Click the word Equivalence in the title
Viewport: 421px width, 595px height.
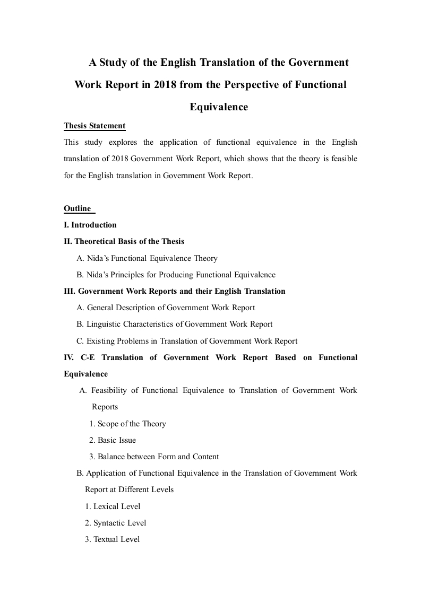coord(219,107)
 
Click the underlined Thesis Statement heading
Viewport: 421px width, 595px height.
coord(94,126)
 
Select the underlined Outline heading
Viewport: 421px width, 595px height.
coord(78,208)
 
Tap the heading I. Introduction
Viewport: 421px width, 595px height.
coord(90,225)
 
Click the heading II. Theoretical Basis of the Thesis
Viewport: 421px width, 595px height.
coord(124,241)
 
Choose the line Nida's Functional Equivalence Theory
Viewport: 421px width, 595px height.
coord(147,258)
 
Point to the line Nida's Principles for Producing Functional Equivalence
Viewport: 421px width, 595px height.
coord(176,275)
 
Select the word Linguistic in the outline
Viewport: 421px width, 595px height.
coord(103,324)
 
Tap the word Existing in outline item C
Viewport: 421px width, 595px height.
coord(100,341)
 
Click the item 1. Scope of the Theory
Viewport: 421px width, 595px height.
coord(127,424)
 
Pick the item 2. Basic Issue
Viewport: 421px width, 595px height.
coord(113,440)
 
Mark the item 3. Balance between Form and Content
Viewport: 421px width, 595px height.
coord(154,457)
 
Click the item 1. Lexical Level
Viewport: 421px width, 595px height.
coord(113,506)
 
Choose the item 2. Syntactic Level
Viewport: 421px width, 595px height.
coord(116,523)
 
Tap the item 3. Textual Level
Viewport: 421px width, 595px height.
coord(113,539)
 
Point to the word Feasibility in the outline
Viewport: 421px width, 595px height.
coord(109,390)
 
